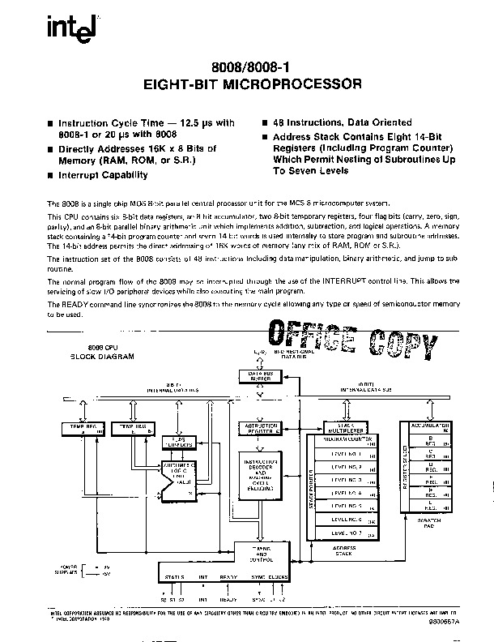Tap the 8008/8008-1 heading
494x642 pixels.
[249, 68]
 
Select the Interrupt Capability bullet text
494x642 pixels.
[108, 174]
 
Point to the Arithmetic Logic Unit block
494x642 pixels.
[180, 477]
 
